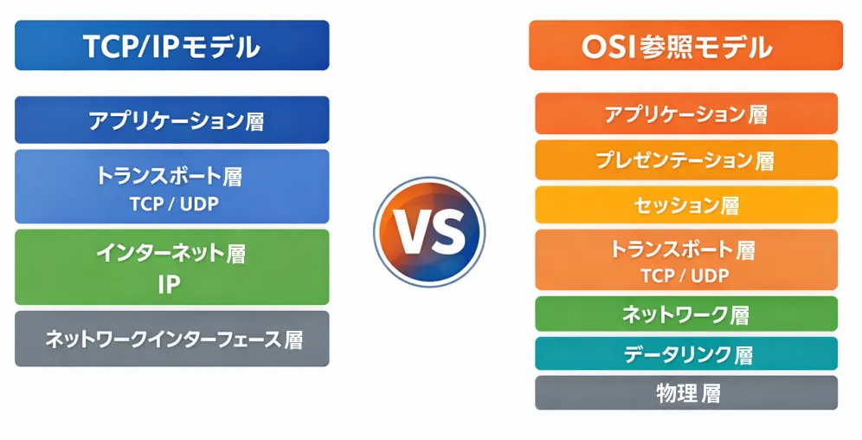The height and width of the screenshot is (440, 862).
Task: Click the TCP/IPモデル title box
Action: pyautogui.click(x=172, y=45)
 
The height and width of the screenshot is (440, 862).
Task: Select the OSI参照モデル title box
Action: pyautogui.click(x=685, y=45)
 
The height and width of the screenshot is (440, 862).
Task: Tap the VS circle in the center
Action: pyautogui.click(x=429, y=231)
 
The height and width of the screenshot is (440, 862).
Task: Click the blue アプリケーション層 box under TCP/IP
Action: pyautogui.click(x=172, y=120)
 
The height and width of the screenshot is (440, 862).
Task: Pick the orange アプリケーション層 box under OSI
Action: pyautogui.click(x=686, y=113)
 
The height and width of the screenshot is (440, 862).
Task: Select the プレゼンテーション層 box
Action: pyautogui.click(x=686, y=160)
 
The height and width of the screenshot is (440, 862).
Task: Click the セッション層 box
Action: pyautogui.click(x=686, y=205)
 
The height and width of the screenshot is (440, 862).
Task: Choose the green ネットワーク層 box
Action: pyautogui.click(x=686, y=314)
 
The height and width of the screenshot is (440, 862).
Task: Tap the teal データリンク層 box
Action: pyautogui.click(x=686, y=353)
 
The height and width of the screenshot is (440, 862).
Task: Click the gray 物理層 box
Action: pyautogui.click(x=686, y=392)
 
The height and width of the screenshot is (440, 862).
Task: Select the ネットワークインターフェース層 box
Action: pyautogui.click(x=172, y=339)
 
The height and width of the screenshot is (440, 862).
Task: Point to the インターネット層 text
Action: pyautogui.click(x=170, y=254)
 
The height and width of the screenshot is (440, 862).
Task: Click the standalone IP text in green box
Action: pyautogui.click(x=170, y=284)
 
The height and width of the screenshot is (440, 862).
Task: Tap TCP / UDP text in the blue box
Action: pyautogui.click(x=174, y=204)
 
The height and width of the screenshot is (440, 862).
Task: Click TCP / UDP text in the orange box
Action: pyautogui.click(x=685, y=275)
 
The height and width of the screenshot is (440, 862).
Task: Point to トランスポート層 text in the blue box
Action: pyautogui.click(x=169, y=176)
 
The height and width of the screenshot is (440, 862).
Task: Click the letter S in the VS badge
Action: pyautogui.click(x=447, y=232)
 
